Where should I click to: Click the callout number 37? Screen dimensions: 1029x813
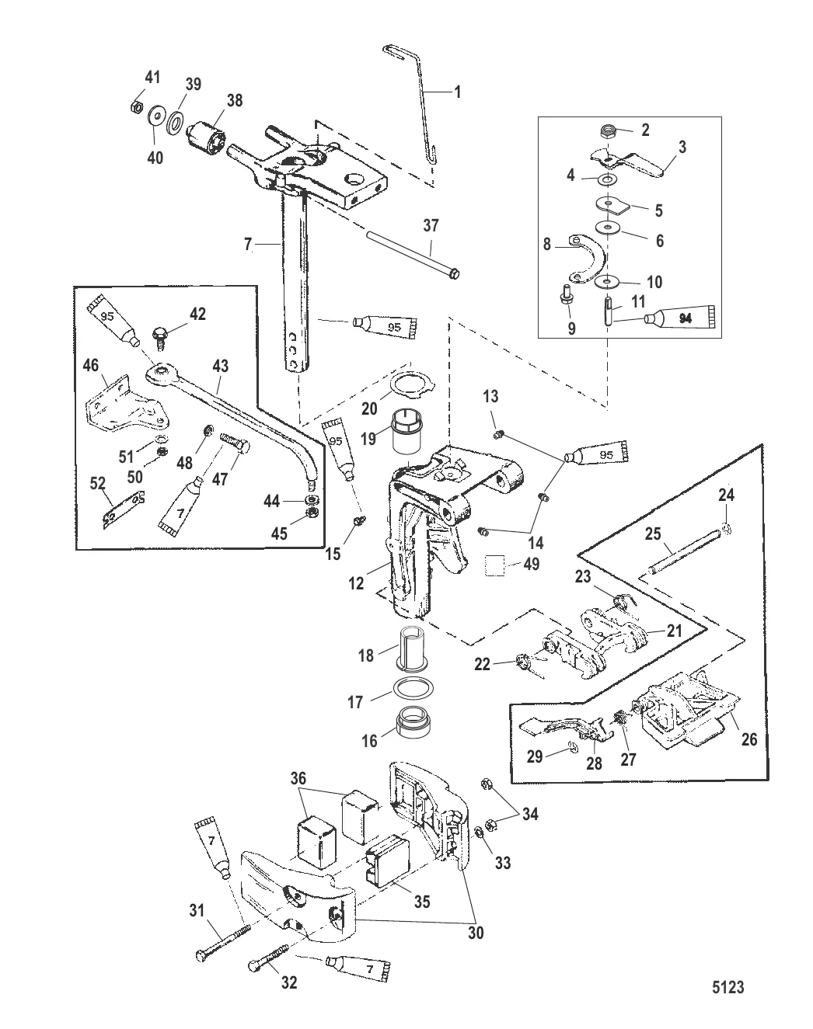click(431, 226)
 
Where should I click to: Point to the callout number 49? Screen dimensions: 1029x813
click(531, 564)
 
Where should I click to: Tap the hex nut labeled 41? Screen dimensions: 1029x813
click(134, 106)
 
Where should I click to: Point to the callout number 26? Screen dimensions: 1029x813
click(748, 739)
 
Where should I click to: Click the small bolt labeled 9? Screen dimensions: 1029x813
click(565, 297)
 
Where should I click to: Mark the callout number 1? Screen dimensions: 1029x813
click(457, 92)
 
